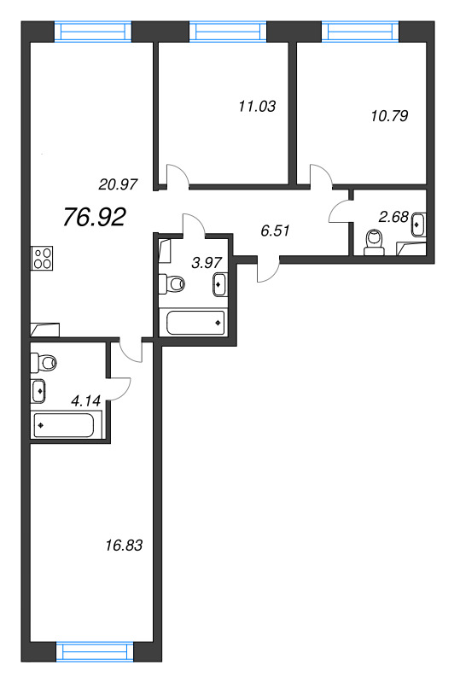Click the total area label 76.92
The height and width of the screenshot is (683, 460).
[x=95, y=218]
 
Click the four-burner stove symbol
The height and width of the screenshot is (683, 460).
[x=42, y=258]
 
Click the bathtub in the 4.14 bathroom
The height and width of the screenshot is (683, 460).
[x=67, y=424]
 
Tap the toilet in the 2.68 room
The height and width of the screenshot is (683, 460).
[x=372, y=242]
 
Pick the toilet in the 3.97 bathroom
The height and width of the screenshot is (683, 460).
[x=173, y=283]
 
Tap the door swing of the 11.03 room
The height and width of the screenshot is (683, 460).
[x=177, y=176]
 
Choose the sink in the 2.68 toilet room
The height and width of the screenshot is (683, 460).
[x=417, y=225]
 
